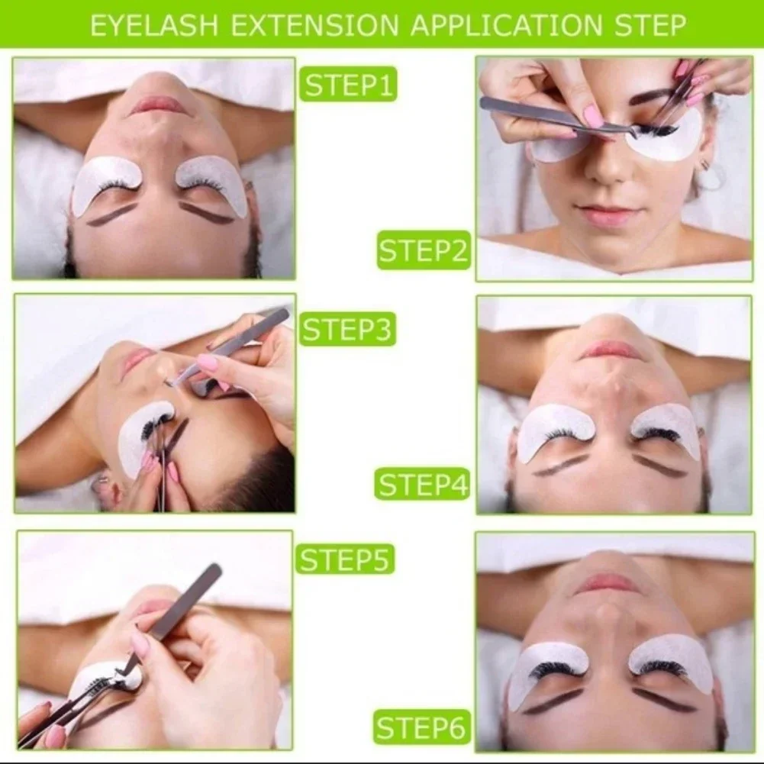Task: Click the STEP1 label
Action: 348,84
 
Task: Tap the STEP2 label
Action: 424,250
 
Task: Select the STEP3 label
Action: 347,329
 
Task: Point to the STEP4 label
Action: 422,485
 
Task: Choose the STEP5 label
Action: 345,559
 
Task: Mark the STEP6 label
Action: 422,727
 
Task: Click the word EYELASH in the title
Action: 154,25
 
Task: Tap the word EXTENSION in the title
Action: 314,25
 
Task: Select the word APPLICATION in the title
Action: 506,25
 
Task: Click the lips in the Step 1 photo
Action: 154,104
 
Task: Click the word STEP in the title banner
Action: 650,25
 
